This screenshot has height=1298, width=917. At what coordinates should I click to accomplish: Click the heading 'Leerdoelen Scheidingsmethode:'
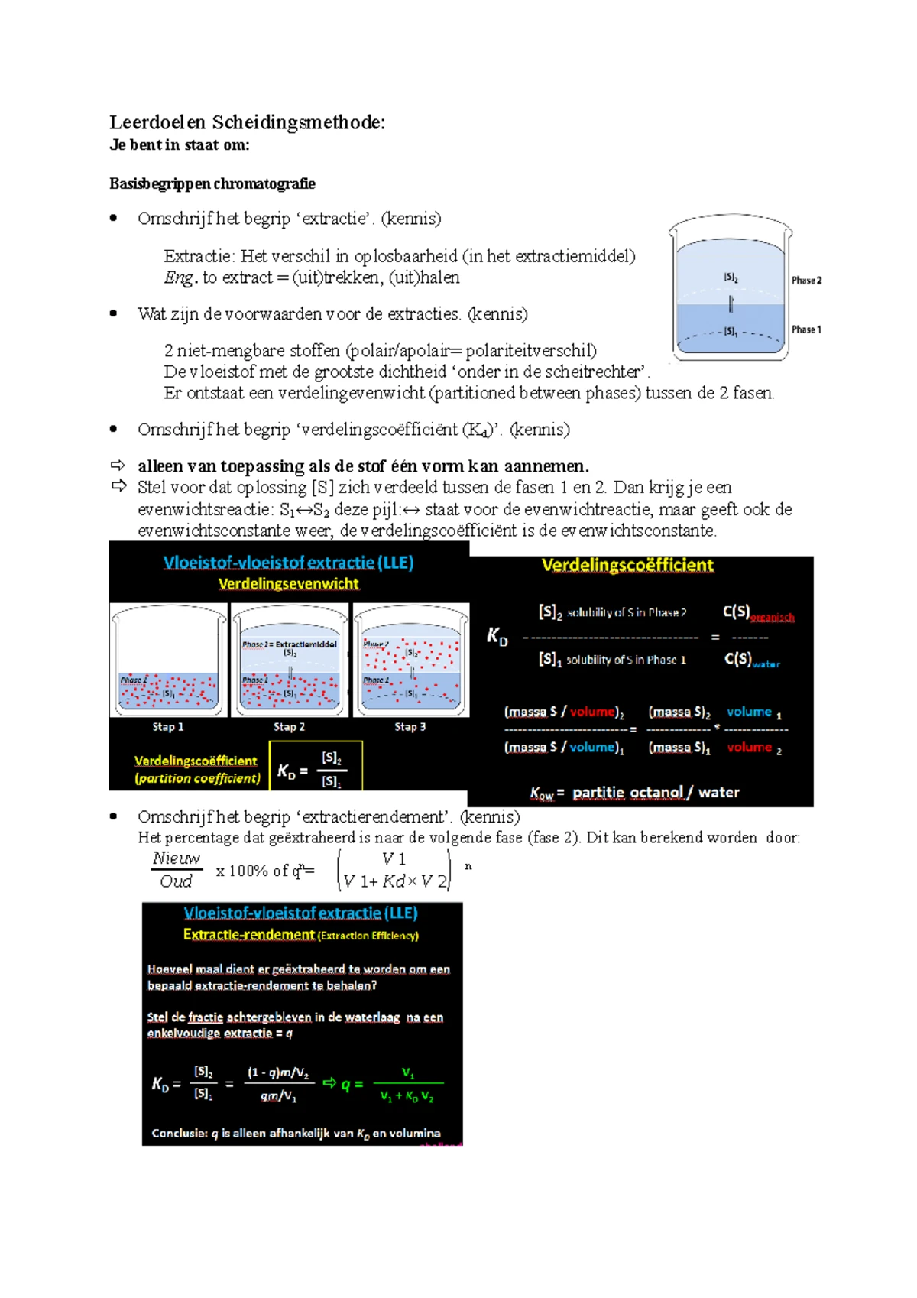[247, 122]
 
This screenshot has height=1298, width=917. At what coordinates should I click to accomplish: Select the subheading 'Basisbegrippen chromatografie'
[212, 183]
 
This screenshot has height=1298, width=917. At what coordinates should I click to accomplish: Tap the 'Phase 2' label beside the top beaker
[806, 281]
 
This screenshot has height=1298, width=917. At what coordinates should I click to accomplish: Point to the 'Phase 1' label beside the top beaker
[806, 329]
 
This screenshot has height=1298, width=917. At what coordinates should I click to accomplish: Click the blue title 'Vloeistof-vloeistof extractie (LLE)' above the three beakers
[288, 563]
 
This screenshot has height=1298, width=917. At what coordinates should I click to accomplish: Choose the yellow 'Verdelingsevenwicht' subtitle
[288, 584]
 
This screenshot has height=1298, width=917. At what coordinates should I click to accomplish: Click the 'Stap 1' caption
[168, 727]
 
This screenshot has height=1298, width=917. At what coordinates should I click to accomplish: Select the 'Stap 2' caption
[289, 727]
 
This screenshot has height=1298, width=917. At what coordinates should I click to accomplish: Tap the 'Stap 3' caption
[410, 727]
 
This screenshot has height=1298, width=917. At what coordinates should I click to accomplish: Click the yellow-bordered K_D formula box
[316, 766]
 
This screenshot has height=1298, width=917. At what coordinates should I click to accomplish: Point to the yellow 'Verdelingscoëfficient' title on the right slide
[627, 566]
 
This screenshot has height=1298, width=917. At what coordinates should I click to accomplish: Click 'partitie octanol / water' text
[655, 793]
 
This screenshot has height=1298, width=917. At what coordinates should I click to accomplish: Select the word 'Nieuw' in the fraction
[176, 858]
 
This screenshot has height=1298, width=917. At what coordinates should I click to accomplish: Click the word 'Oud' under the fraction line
[176, 881]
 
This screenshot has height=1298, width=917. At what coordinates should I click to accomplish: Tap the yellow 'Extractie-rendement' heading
[249, 935]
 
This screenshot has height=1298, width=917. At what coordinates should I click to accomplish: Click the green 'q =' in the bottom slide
[352, 1083]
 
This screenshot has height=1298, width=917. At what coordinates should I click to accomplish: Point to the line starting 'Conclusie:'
[296, 1134]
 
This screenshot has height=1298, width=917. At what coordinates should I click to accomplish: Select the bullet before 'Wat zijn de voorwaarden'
[114, 313]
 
